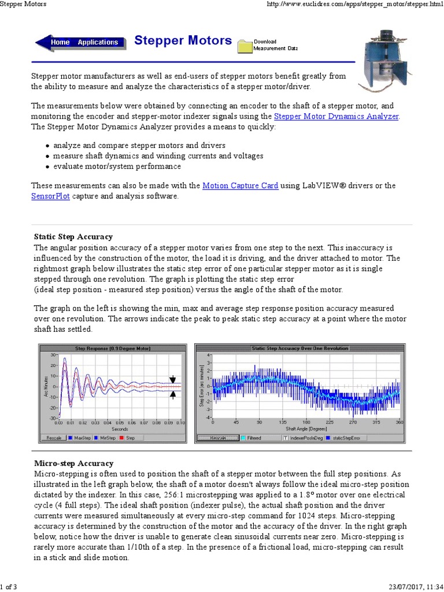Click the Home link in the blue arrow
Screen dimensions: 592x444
coord(60,42)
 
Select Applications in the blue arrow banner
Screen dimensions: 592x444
coord(98,42)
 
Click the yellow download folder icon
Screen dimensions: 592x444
coord(245,46)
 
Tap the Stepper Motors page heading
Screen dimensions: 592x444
coord(183,40)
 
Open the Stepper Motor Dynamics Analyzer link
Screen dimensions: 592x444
coord(336,116)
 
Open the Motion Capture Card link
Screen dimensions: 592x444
coord(240,186)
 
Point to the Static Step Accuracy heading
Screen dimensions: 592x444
coord(73,236)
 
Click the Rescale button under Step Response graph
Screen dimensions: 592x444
coord(54,438)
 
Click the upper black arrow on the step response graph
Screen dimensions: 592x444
coord(172,379)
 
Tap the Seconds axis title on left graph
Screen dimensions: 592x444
coord(120,429)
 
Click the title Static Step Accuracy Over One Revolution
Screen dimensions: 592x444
coord(300,348)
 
